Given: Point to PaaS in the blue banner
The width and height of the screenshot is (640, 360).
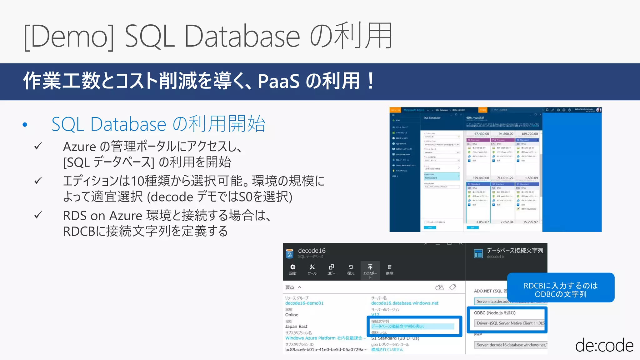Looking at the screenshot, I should (278, 81).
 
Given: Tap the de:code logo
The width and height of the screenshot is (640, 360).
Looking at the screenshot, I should (604, 345).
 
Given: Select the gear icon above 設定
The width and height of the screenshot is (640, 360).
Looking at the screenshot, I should (293, 267).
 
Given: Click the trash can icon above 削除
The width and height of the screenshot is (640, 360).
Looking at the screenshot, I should (389, 267).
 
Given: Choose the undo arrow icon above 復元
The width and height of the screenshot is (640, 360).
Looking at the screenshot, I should (351, 267).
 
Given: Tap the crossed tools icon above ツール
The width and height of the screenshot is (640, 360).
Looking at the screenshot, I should (312, 267).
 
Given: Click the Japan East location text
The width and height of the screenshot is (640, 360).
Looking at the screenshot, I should (296, 326).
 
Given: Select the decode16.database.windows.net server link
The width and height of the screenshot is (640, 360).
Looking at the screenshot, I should (405, 303).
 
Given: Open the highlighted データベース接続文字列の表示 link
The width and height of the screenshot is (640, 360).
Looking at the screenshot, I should (397, 326).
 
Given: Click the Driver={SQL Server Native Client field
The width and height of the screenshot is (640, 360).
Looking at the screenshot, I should (510, 323).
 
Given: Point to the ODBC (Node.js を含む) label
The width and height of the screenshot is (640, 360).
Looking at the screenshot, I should (495, 313).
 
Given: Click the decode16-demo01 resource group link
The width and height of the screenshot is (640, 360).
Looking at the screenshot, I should (304, 303).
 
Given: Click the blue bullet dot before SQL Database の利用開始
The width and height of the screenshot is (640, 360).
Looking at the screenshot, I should (25, 125).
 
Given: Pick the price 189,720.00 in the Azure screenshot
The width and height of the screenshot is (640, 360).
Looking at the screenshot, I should (530, 134).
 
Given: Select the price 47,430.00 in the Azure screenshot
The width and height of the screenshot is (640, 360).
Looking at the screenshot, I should (482, 134).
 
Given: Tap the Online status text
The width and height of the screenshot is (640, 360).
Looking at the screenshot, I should (292, 315).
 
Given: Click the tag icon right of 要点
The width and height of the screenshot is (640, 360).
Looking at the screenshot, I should (452, 287).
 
